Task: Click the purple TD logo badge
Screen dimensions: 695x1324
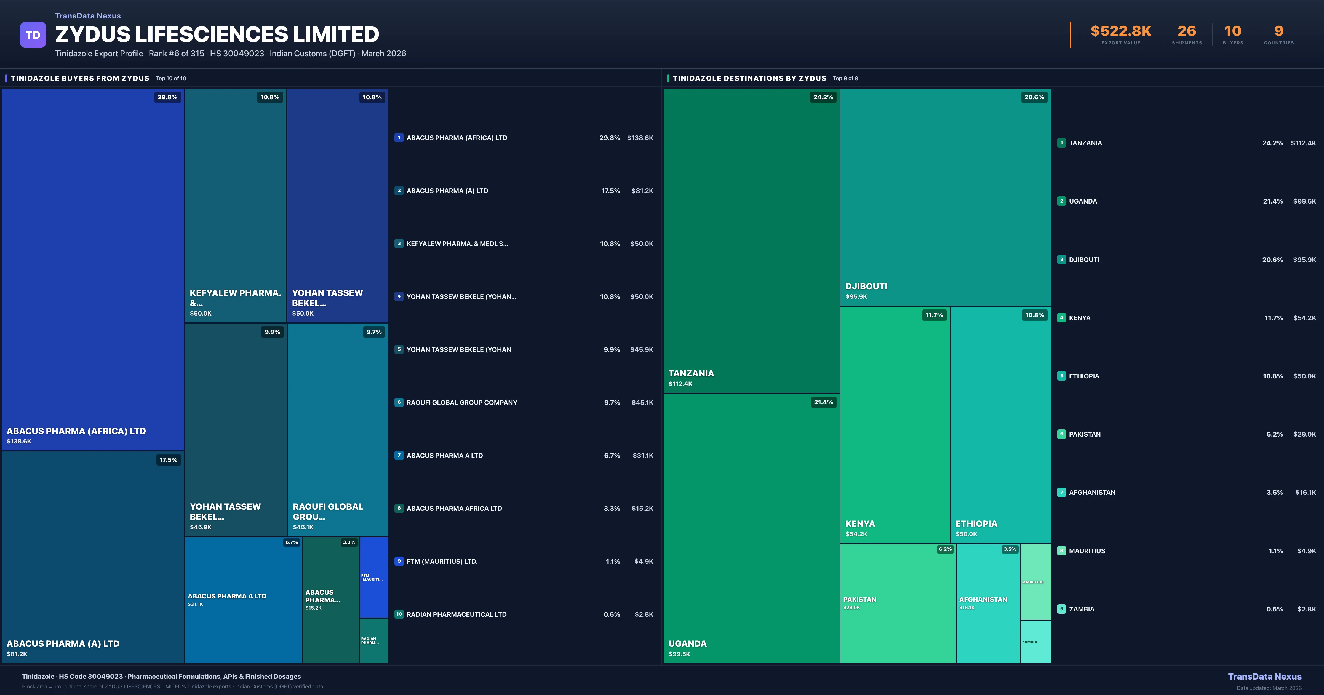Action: coord(33,35)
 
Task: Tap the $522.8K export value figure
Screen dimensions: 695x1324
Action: coord(1120,31)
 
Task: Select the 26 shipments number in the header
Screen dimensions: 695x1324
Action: coord(1186,31)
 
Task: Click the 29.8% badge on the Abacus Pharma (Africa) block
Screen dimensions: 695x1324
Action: coord(167,97)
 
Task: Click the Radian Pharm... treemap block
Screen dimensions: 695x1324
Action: coord(374,640)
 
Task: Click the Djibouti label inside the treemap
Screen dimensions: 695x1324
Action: coord(866,286)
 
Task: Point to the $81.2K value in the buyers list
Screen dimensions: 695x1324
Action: coord(642,191)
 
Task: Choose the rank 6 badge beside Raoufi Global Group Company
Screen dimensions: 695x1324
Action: coord(399,402)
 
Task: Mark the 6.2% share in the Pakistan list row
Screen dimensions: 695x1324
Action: coord(1274,434)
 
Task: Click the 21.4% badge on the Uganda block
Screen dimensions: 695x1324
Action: coord(823,402)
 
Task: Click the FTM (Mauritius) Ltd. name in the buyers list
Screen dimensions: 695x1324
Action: coord(442,561)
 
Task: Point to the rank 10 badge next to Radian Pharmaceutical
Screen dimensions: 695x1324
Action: coord(399,614)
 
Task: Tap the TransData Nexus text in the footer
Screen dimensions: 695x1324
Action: coord(1264,677)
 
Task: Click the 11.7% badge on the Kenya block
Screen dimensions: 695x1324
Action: coord(934,315)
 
